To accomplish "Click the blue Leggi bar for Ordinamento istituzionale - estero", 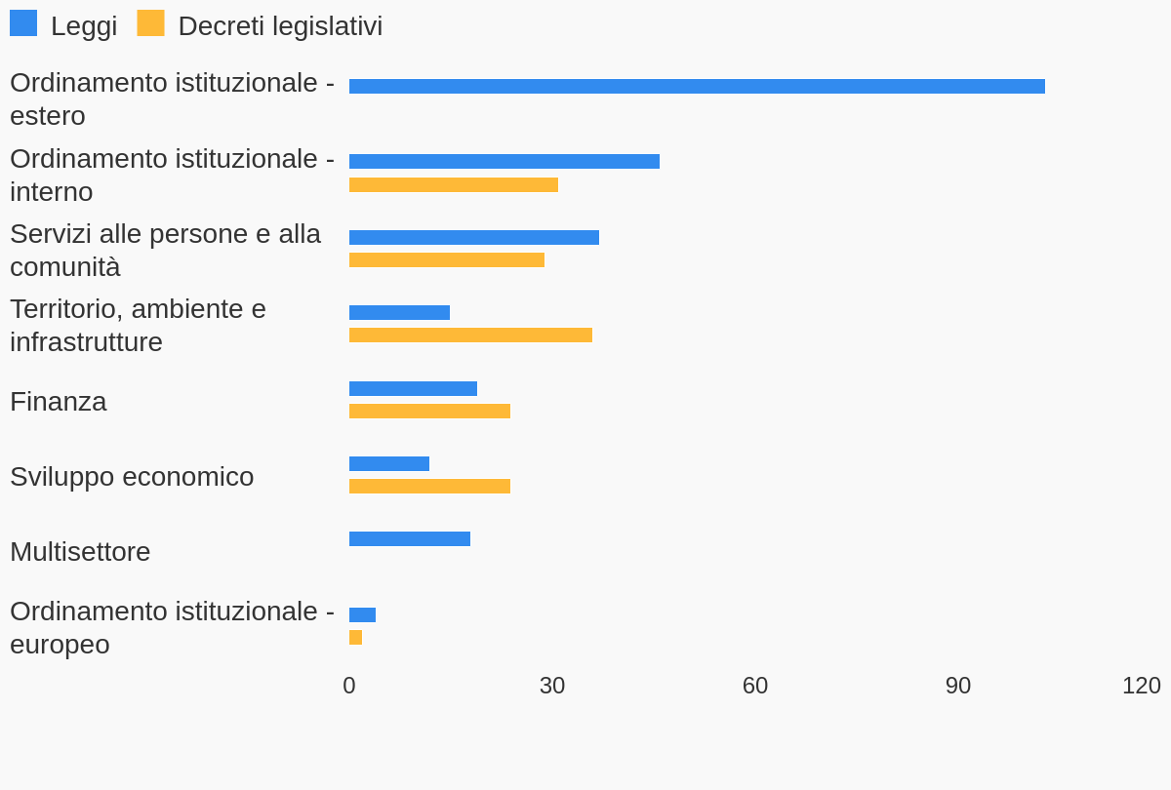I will (x=697, y=87).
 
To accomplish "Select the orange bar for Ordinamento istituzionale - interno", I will (x=454, y=184).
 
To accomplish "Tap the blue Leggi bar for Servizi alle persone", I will (x=474, y=237).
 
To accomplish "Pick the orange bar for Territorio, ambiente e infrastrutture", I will (x=470, y=335).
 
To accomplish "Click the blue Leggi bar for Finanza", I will (x=413, y=388).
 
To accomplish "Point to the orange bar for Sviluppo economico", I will (x=429, y=486).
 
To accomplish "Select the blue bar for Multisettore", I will (x=410, y=538).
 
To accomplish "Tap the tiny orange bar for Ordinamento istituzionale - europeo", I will (x=355, y=637).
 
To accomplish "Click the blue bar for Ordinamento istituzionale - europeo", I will (x=362, y=614).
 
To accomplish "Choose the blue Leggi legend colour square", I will (x=23, y=23).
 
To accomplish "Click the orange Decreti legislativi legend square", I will (x=150, y=23).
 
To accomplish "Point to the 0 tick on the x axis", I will (x=349, y=686).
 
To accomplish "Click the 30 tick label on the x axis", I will (x=552, y=686).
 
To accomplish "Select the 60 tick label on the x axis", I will (x=755, y=686).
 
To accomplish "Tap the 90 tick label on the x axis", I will (x=958, y=686).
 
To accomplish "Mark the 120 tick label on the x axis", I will (x=1141, y=686).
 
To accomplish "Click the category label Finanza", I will (x=59, y=401).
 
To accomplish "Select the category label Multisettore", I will (x=80, y=551).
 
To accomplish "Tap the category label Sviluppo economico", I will (x=132, y=476).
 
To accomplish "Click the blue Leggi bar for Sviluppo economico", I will (x=389, y=463).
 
